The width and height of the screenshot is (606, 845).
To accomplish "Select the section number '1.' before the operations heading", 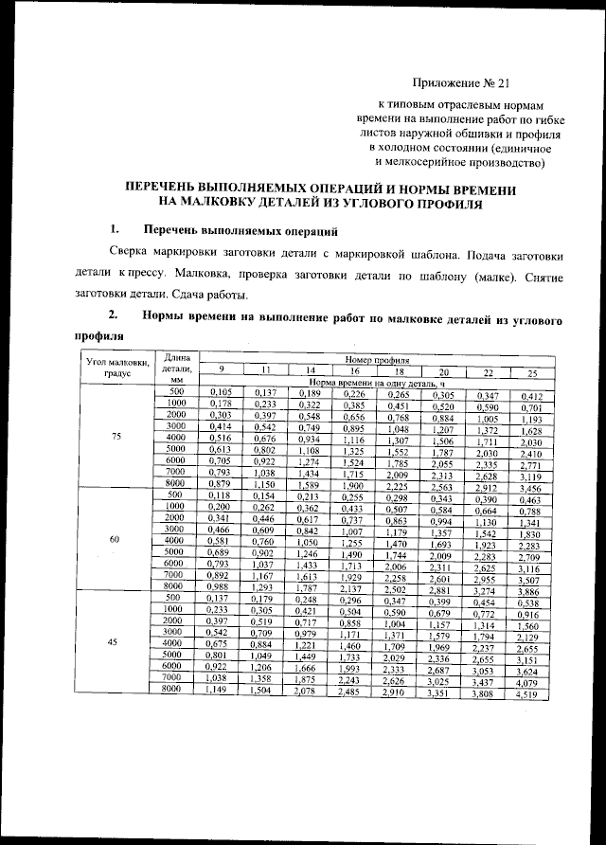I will point(114,230).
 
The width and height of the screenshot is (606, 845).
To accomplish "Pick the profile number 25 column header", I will point(532,370).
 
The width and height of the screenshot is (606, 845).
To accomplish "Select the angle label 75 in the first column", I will point(116,437).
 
